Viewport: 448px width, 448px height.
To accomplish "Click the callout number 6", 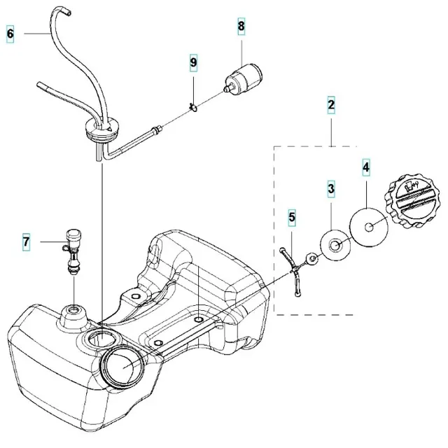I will (10, 32).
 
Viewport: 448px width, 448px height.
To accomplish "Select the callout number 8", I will (241, 27).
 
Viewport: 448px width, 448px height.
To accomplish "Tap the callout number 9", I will (193, 63).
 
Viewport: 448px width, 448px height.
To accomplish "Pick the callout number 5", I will (293, 218).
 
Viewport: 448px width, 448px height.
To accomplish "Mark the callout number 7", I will (26, 242).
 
